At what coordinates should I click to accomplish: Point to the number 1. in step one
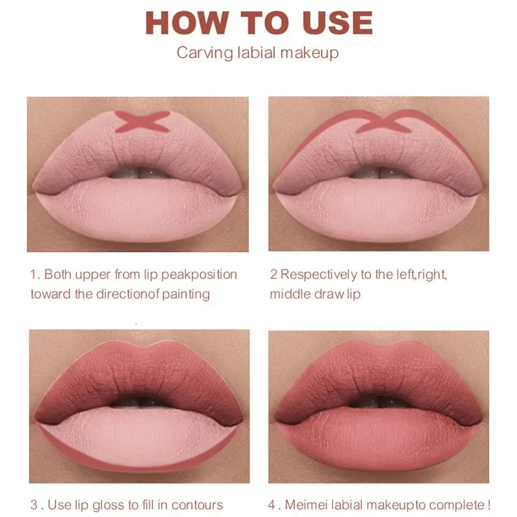[36, 274]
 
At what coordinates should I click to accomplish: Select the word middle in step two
[289, 294]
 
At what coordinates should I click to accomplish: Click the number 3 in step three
[34, 505]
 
